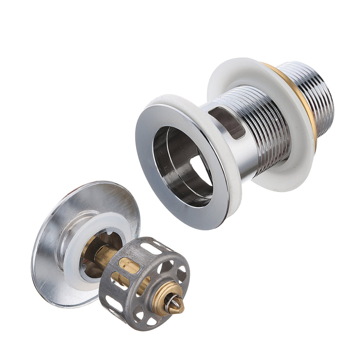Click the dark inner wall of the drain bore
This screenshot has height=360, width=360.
166,153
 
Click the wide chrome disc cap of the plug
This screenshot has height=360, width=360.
49,252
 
